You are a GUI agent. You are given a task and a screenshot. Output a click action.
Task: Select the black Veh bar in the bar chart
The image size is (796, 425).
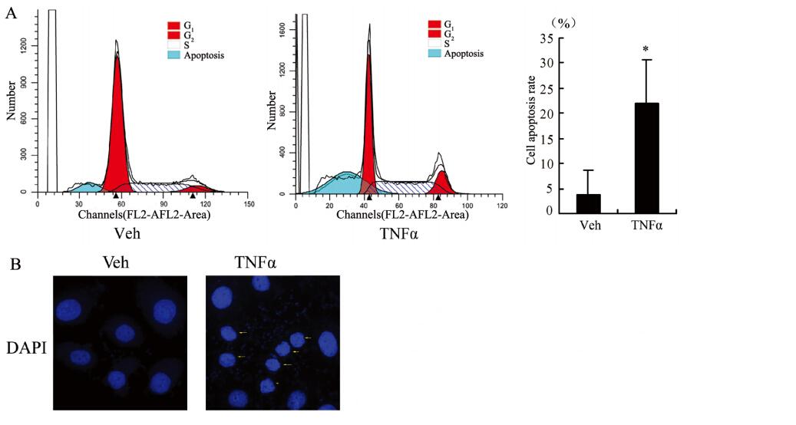(588, 203)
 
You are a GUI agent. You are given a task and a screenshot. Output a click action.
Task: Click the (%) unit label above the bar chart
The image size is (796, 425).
(563, 24)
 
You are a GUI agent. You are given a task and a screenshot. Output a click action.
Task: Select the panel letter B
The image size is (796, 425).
(15, 264)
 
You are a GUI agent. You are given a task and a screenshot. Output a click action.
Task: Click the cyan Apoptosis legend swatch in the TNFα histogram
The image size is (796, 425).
(435, 54)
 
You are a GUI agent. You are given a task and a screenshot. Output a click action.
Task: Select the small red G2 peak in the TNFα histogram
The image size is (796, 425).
(442, 184)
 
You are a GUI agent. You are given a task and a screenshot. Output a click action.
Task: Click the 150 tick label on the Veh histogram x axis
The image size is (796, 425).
(249, 204)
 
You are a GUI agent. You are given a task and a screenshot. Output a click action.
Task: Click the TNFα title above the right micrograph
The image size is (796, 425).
(256, 263)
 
